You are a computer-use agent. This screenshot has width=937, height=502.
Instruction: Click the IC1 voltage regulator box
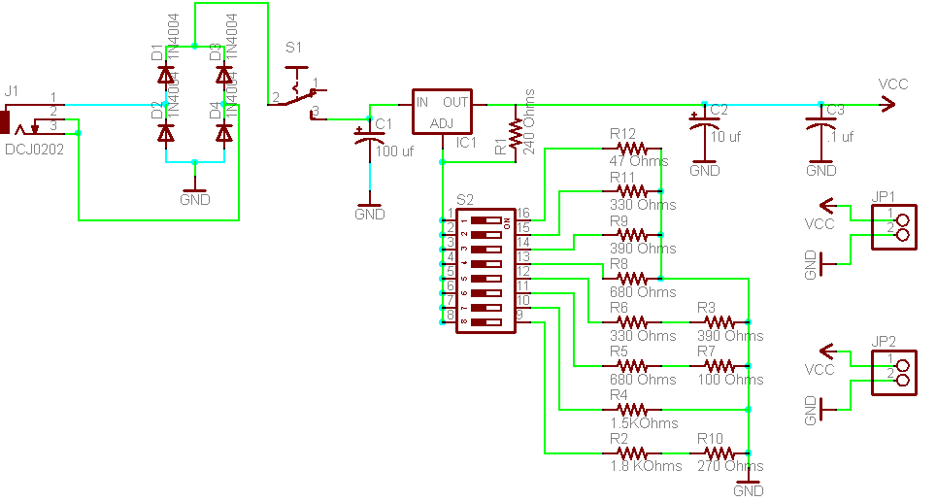(x=442, y=112)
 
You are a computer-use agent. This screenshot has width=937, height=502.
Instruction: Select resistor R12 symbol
(x=632, y=149)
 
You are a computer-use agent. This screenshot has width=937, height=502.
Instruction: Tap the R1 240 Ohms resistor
(x=515, y=130)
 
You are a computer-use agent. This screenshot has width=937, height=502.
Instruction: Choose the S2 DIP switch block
(x=485, y=272)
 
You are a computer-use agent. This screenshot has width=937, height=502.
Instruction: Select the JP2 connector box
(x=895, y=372)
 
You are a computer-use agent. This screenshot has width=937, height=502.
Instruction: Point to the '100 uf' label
(x=394, y=151)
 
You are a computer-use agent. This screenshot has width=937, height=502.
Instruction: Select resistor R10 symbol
(x=719, y=452)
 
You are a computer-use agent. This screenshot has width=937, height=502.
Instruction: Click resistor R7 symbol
(x=719, y=365)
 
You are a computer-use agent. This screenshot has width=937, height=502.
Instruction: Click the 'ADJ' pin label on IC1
(x=441, y=123)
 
